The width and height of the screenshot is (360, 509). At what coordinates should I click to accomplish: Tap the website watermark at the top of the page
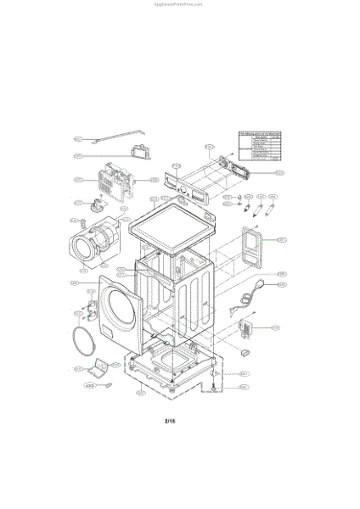tap(179, 3)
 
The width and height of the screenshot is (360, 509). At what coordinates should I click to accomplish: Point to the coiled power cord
tap(249, 297)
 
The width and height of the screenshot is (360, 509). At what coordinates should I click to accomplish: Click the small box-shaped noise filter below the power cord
tap(248, 326)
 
